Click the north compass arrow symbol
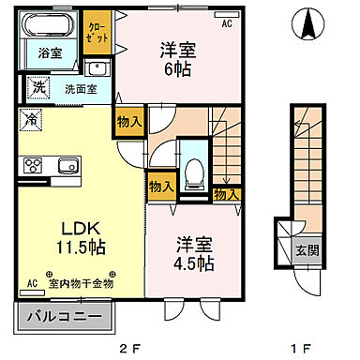pyautogui.click(x=306, y=22)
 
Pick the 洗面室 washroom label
pyautogui.click(x=79, y=89)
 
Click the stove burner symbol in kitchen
pyautogui.click(x=33, y=167)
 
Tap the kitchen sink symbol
pyautogui.click(x=67, y=167)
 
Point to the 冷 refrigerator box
pyautogui.click(x=31, y=120)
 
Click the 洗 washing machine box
pyautogui.click(x=38, y=88)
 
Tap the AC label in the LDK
pyautogui.click(x=32, y=282)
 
